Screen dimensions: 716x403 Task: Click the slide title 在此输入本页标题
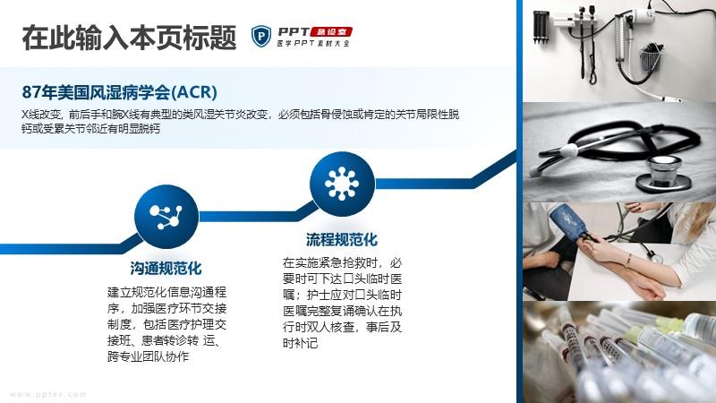(129, 37)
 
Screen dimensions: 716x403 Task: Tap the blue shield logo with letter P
(261, 36)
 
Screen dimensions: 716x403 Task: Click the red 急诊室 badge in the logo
(331, 32)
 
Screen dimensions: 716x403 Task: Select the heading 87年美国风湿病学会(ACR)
(119, 92)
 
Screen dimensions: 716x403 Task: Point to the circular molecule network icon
(166, 217)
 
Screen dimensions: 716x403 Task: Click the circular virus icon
(342, 184)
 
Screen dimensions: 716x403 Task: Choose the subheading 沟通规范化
(166, 268)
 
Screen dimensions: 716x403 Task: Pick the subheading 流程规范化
(342, 239)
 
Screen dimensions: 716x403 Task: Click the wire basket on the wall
(652, 57)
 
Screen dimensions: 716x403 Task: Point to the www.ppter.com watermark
(47, 394)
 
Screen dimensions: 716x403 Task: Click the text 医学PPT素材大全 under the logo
(313, 43)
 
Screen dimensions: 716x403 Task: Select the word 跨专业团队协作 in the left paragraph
(148, 356)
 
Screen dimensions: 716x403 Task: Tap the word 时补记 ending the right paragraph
(300, 343)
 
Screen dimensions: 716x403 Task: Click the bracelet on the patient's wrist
(628, 261)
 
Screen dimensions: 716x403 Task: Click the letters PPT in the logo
(294, 32)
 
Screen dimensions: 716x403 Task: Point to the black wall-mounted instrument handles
(541, 28)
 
